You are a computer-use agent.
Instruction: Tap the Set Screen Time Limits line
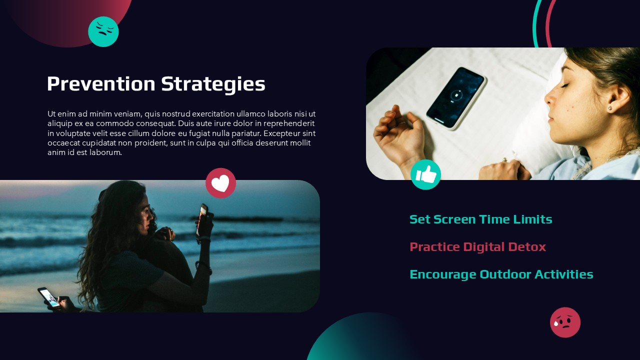click(x=480, y=219)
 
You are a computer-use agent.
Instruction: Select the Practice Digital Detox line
click(x=477, y=246)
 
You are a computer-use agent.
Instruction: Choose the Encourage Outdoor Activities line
click(x=501, y=274)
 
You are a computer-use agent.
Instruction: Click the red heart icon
click(x=220, y=183)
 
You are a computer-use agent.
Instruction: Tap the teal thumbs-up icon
click(x=425, y=174)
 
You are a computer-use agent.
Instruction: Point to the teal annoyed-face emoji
click(x=103, y=31)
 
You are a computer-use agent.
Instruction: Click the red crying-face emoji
click(x=565, y=322)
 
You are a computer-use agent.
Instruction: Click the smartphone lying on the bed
click(x=455, y=98)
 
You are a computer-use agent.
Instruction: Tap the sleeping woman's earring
click(x=609, y=107)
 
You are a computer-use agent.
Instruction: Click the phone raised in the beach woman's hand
click(x=202, y=218)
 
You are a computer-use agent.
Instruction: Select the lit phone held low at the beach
click(x=48, y=296)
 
